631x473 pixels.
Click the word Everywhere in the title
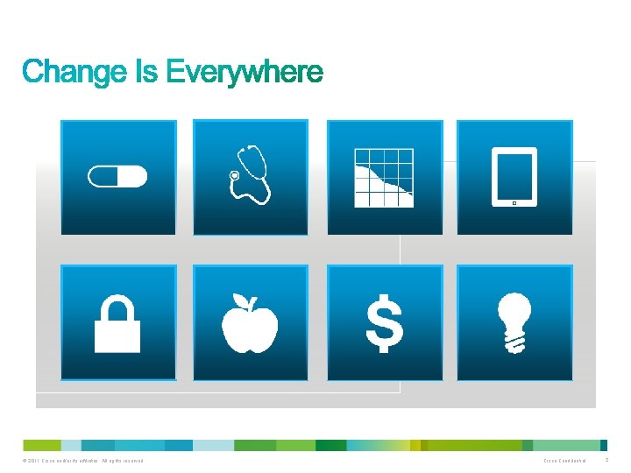245,72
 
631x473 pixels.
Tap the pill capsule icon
117,177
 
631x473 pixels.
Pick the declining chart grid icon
383,178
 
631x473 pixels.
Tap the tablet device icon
514,177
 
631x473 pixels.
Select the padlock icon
117,323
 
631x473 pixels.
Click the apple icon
250,323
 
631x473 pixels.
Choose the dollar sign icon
384,323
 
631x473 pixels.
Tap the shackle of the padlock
117,306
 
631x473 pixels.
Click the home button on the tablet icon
514,202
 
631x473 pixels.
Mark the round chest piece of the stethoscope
234,176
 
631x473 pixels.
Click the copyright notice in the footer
83,461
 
